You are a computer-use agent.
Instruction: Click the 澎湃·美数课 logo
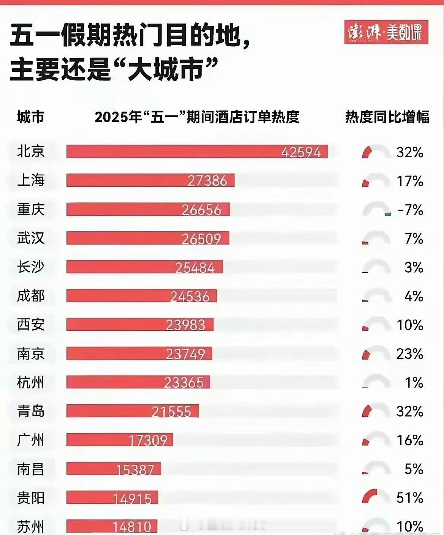point(386,32)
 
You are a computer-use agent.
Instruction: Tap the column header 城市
point(31,117)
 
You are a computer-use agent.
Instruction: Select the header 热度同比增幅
point(387,117)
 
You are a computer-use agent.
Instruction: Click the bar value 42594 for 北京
point(301,152)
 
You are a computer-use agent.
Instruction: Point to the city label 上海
point(31,180)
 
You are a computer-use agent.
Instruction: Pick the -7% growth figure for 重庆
point(410,210)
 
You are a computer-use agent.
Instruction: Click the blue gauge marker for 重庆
point(388,215)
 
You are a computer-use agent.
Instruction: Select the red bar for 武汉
point(148,238)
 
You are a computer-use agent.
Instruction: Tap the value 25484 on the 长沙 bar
point(195,268)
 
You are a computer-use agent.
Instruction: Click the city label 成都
point(31,296)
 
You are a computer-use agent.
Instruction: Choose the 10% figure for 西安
point(410,325)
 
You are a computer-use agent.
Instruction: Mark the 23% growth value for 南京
point(409,354)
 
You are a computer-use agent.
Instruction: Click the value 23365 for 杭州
point(184,382)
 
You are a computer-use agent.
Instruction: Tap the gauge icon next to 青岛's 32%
point(376,411)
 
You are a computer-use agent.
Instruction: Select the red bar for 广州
point(119,440)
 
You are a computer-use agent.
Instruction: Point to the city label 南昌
point(31,469)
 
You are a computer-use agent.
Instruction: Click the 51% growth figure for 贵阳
point(409,497)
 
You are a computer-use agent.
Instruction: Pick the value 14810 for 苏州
point(132,527)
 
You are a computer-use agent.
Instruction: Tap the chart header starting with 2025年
point(197,117)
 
